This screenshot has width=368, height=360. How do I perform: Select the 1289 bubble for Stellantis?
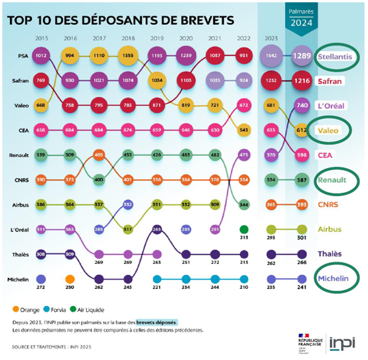point(301,56)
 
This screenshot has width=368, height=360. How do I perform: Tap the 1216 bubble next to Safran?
point(301,81)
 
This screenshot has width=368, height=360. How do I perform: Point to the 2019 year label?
point(157,38)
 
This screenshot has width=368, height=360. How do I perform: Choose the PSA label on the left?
point(23,56)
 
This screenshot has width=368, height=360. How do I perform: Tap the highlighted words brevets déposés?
point(156,322)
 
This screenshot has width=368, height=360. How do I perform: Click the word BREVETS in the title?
point(201,20)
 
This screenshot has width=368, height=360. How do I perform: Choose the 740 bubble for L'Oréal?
point(301,105)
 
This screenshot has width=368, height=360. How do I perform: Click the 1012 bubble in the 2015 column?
point(41,56)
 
